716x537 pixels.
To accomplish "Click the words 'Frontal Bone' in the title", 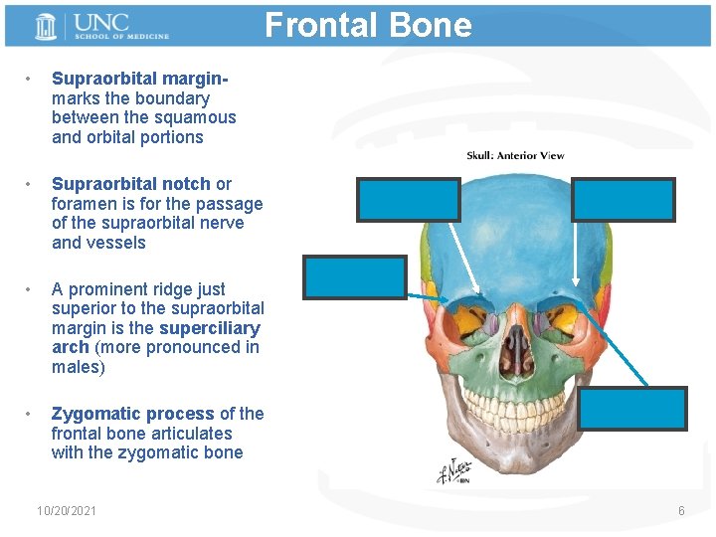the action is tap(368, 24).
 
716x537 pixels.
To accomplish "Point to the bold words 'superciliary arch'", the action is tap(155, 338).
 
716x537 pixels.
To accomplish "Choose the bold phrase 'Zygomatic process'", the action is tap(133, 414).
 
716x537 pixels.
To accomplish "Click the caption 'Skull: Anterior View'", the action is tap(515, 155).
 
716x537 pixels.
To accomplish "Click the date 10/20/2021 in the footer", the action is tap(67, 510).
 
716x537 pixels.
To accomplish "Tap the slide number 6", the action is tap(681, 510).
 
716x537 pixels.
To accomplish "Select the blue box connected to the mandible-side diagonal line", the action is tap(632, 408).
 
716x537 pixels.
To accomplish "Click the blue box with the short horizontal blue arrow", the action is tap(355, 277).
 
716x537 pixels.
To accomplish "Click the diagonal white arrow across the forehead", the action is tap(467, 249).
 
